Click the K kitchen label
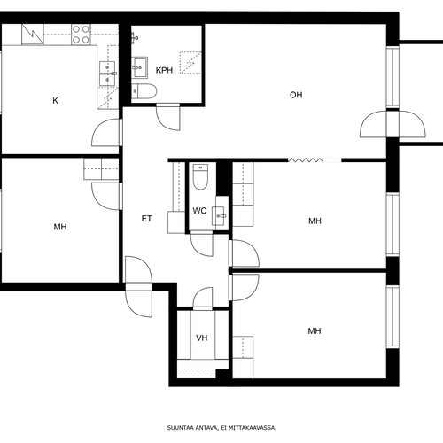55,101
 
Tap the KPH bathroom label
164,70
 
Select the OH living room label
296,95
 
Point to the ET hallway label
147,219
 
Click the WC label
199,211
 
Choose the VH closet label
202,338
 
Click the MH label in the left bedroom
60,227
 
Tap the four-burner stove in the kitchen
81,35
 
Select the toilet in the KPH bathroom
144,91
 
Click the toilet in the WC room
200,176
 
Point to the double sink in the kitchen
107,74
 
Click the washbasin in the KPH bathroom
140,67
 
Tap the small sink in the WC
221,216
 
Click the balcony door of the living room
392,124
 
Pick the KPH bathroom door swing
168,117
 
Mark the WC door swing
202,245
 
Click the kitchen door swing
107,132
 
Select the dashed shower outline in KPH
190,63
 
